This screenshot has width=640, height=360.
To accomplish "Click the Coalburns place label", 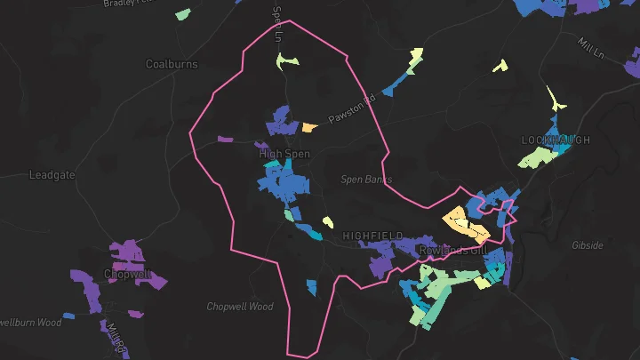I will click(172, 64).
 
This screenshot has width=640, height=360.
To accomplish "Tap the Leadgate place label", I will click(52, 175).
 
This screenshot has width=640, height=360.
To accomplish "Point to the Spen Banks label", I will click(366, 180).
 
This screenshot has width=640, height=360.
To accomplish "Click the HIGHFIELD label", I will click(367, 236).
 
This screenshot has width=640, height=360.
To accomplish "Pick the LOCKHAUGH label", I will click(556, 140).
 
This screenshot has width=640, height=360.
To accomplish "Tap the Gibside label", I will click(588, 244).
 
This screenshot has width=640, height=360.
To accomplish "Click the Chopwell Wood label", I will click(240, 307).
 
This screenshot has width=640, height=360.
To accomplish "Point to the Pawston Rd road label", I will click(353, 108).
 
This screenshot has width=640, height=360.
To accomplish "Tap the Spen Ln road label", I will click(277, 24).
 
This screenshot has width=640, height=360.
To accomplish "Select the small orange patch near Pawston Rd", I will click(309, 127).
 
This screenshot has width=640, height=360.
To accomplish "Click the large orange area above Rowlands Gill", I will click(465, 224).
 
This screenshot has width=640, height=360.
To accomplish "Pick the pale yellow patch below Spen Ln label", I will click(286, 60).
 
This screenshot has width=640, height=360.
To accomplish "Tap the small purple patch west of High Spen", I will click(224, 140).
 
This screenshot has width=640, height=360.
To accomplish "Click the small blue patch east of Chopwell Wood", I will click(311, 287).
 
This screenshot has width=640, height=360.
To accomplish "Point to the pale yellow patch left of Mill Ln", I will click(500, 65).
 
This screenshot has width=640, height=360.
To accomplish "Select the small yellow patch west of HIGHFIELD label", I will click(327, 222).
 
